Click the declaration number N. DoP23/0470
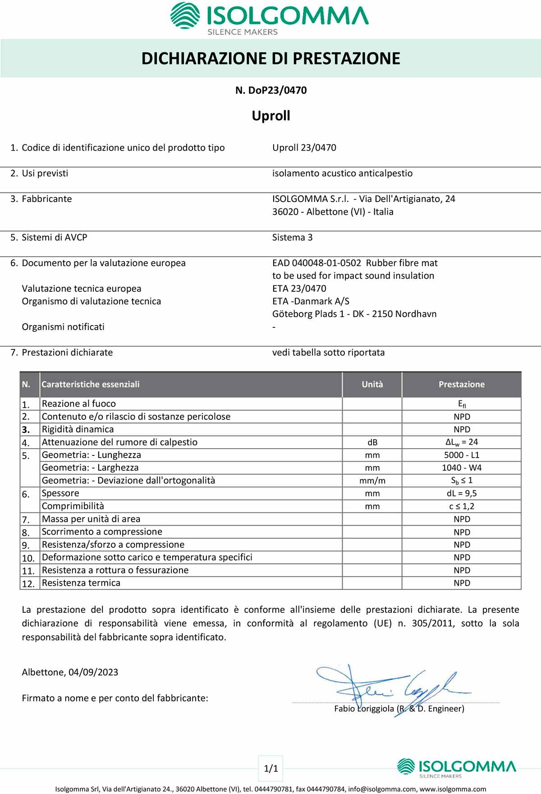[271, 90]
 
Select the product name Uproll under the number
[271, 116]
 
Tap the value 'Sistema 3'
[292, 238]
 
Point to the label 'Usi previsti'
[45, 174]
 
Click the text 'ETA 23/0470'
[299, 289]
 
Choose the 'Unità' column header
[372, 385]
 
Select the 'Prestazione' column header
[461, 385]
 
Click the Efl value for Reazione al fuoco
[462, 404]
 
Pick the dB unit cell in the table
[372, 442]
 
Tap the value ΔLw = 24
[461, 442]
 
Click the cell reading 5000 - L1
[462, 455]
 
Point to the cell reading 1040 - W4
[462, 468]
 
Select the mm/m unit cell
[372, 481]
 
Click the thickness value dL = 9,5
[462, 493]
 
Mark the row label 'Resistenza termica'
[81, 583]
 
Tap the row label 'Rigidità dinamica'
[78, 430]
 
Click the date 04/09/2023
[93, 672]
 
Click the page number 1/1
[271, 768]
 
